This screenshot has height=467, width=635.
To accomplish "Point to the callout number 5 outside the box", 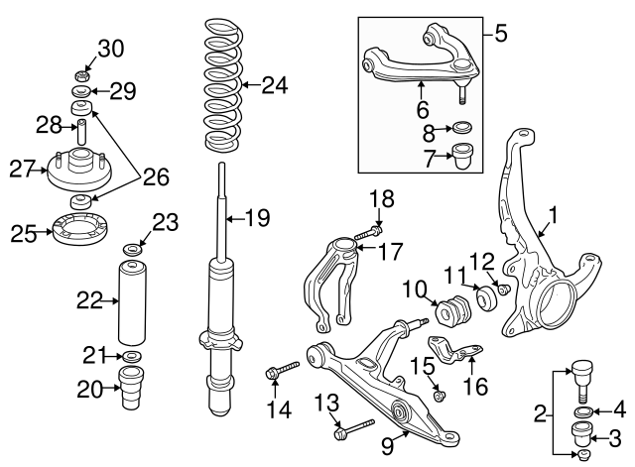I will pyautogui.click(x=500, y=35).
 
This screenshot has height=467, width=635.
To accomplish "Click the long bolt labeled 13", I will pyautogui.click(x=353, y=429).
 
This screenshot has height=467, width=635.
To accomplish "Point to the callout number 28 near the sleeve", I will pyautogui.click(x=49, y=125).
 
